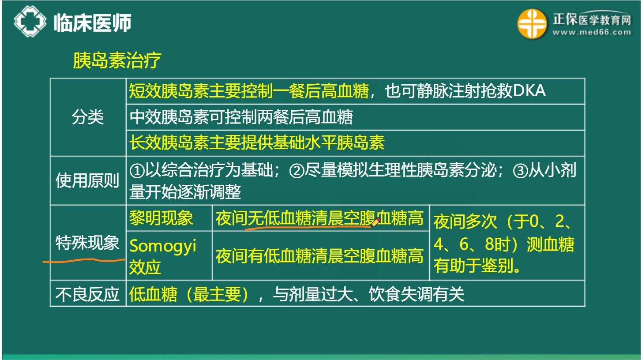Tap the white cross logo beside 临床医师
pyautogui.click(x=30, y=21)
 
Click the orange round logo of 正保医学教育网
pyautogui.click(x=532, y=24)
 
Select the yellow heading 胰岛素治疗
pyautogui.click(x=116, y=61)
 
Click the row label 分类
pyautogui.click(x=88, y=117)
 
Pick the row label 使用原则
pyautogui.click(x=88, y=180)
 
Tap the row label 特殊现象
pyautogui.click(x=88, y=243)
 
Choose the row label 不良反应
pyautogui.click(x=88, y=294)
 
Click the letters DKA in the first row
pyautogui.click(x=529, y=91)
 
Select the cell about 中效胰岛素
pyautogui.click(x=241, y=117)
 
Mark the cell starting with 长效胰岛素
pyautogui.click(x=257, y=142)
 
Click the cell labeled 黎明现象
pyautogui.click(x=161, y=218)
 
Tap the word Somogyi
pyautogui.click(x=162, y=246)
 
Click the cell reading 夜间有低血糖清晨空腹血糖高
pyautogui.click(x=319, y=256)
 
